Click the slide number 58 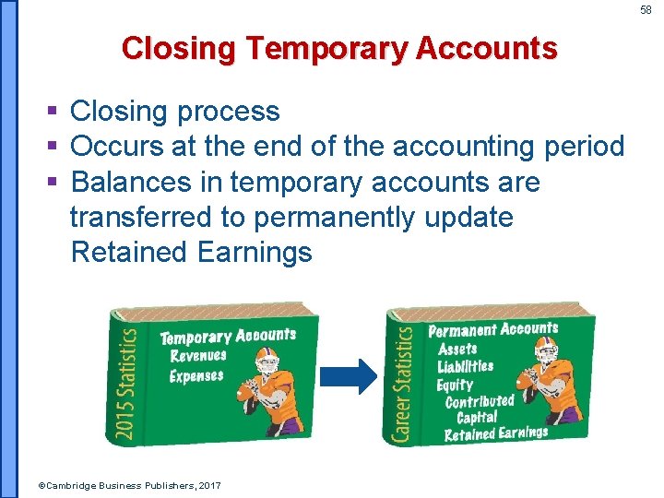click(x=646, y=9)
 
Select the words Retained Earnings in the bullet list click(x=191, y=252)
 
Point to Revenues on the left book click(x=197, y=356)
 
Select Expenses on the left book click(x=196, y=376)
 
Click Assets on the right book click(x=457, y=350)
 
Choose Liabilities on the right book click(x=466, y=367)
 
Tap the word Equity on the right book click(x=455, y=385)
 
